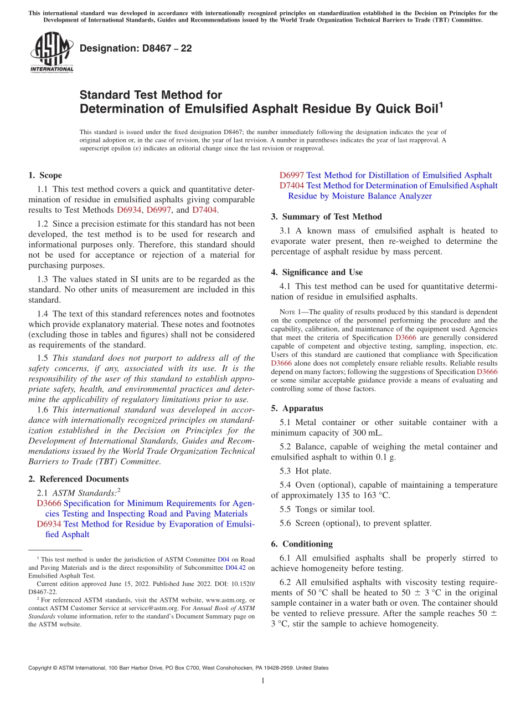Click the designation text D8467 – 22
coord(136,48)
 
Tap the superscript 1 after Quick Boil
coord(441,104)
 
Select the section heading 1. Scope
coord(45,175)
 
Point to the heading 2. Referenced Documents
coord(78,479)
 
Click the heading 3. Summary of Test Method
coord(326,217)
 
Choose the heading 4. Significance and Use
coord(317,272)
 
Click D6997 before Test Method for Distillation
coord(292,175)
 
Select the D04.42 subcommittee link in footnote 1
coord(236,568)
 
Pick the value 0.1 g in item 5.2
coord(385,457)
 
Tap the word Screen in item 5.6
coord(308,523)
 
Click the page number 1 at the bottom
coord(263,681)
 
